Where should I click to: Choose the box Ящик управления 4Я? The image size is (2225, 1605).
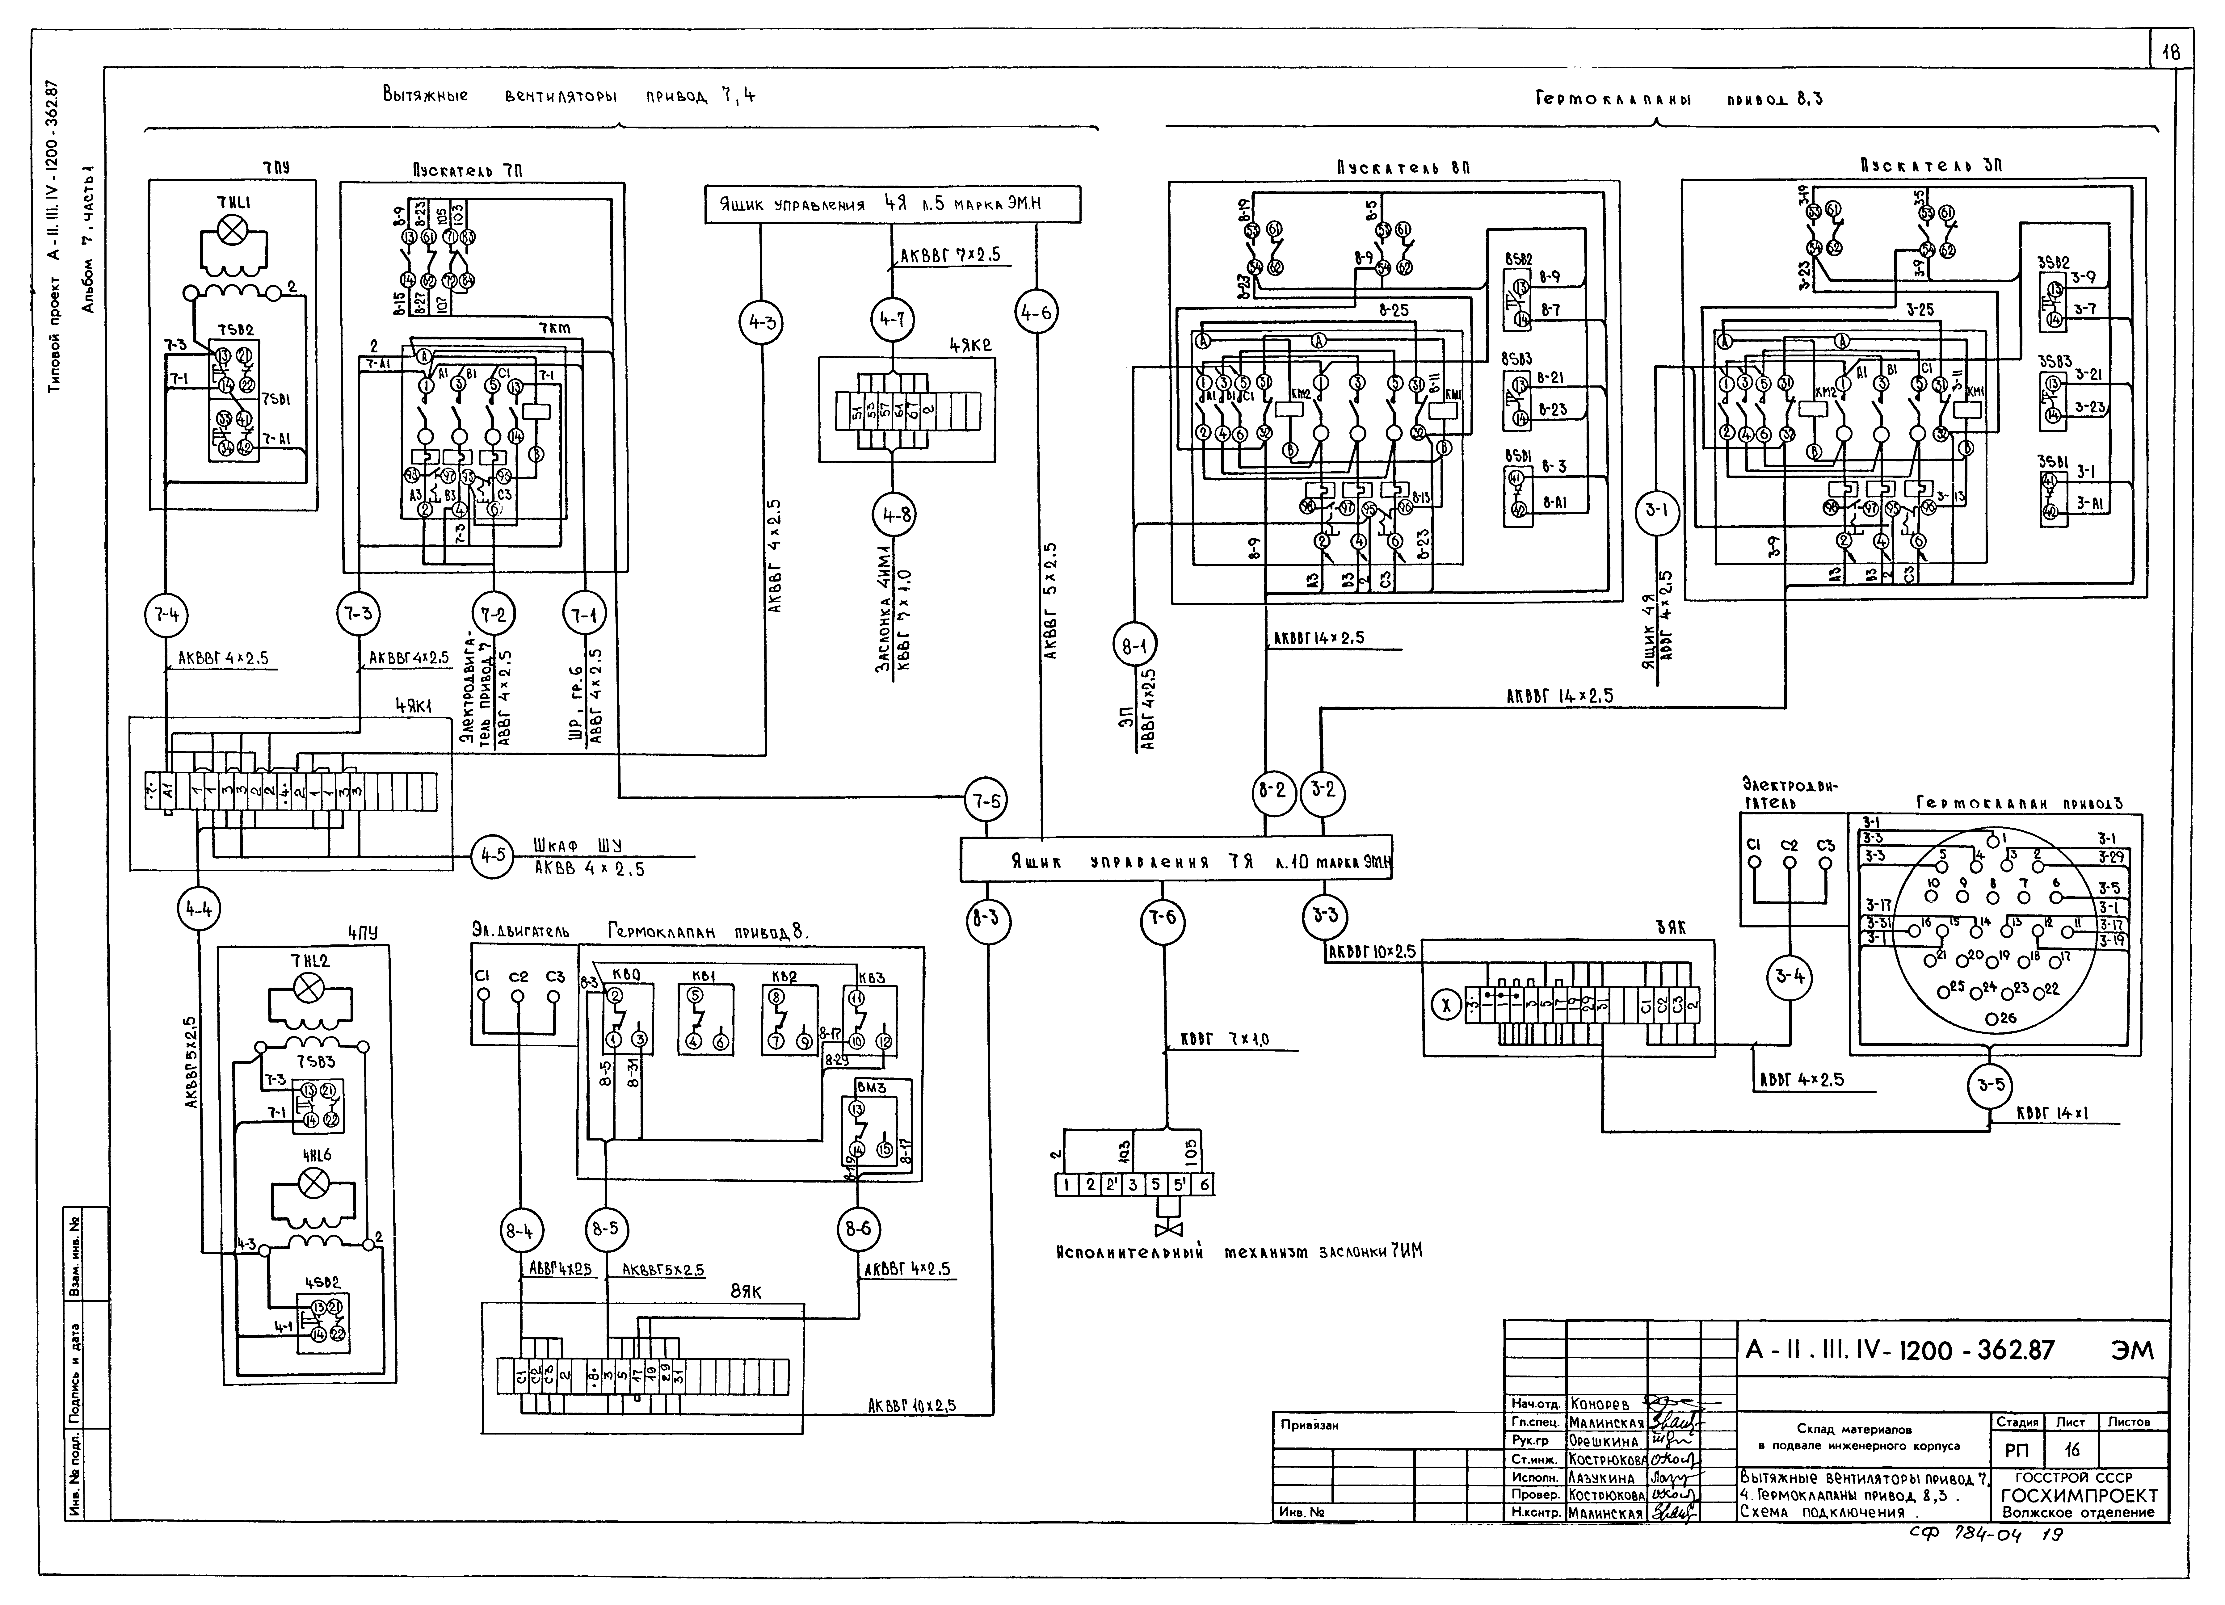pos(893,205)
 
